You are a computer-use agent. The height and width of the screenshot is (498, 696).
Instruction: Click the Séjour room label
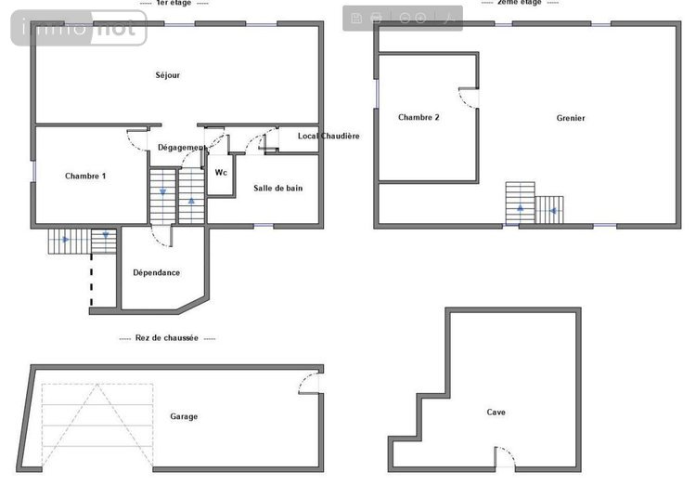pyautogui.click(x=167, y=75)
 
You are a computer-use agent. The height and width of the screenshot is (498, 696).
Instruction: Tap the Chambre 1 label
pyautogui.click(x=85, y=176)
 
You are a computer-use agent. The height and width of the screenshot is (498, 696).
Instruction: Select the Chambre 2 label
pyautogui.click(x=419, y=117)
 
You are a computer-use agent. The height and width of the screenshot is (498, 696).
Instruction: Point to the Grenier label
pyautogui.click(x=571, y=118)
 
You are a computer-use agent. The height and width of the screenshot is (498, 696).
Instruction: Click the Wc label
pyautogui.click(x=221, y=173)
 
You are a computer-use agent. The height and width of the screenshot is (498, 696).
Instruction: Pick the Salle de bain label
pyautogui.click(x=277, y=188)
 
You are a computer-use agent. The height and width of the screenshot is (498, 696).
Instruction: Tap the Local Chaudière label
pyautogui.click(x=328, y=136)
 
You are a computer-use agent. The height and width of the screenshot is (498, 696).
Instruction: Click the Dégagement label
pyautogui.click(x=181, y=148)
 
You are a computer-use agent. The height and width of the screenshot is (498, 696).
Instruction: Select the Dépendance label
pyautogui.click(x=156, y=272)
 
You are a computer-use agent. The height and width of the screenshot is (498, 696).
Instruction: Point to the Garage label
pyautogui.click(x=184, y=416)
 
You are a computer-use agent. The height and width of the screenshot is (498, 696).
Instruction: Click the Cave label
pyautogui.click(x=496, y=412)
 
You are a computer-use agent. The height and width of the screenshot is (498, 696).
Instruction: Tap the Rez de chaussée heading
pyautogui.click(x=167, y=338)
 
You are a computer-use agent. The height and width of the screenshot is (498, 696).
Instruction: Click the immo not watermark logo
pyautogui.click(x=79, y=29)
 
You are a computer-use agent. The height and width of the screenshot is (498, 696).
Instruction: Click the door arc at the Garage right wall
pyautogui.click(x=308, y=383)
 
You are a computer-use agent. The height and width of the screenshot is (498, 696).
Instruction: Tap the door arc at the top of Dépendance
pyautogui.click(x=161, y=238)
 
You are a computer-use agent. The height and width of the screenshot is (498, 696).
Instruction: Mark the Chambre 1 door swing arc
pyautogui.click(x=136, y=140)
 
